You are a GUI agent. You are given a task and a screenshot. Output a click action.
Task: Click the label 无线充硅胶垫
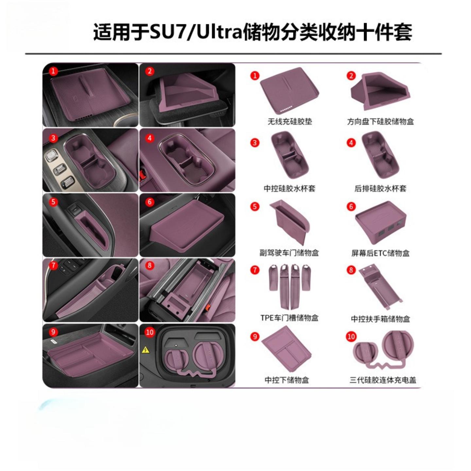[290, 122]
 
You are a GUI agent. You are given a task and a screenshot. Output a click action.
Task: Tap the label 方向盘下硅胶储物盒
[380, 122]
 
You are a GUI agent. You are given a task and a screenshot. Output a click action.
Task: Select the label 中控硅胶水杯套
[289, 188]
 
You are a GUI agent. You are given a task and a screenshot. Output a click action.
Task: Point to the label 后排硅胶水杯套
[380, 188]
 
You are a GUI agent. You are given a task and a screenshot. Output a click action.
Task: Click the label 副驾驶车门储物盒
[289, 253]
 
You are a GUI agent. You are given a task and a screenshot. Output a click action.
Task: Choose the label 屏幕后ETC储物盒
[380, 253]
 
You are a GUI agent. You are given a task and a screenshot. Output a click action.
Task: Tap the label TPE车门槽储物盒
[289, 318]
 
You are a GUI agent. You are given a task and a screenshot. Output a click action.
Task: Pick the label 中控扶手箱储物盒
[380, 319]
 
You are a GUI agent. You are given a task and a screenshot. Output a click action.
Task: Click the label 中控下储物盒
[287, 380]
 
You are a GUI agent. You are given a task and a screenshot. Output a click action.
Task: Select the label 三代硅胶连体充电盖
[383, 380]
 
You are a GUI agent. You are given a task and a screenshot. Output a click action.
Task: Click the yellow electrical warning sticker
[145, 350]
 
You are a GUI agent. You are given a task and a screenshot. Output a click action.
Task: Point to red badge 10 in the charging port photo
[149, 332]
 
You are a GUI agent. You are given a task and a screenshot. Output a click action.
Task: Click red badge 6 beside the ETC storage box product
[351, 206]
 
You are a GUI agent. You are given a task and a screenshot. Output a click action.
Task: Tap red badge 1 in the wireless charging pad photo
[53, 71]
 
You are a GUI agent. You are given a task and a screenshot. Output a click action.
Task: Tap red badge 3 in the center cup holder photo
[53, 138]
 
